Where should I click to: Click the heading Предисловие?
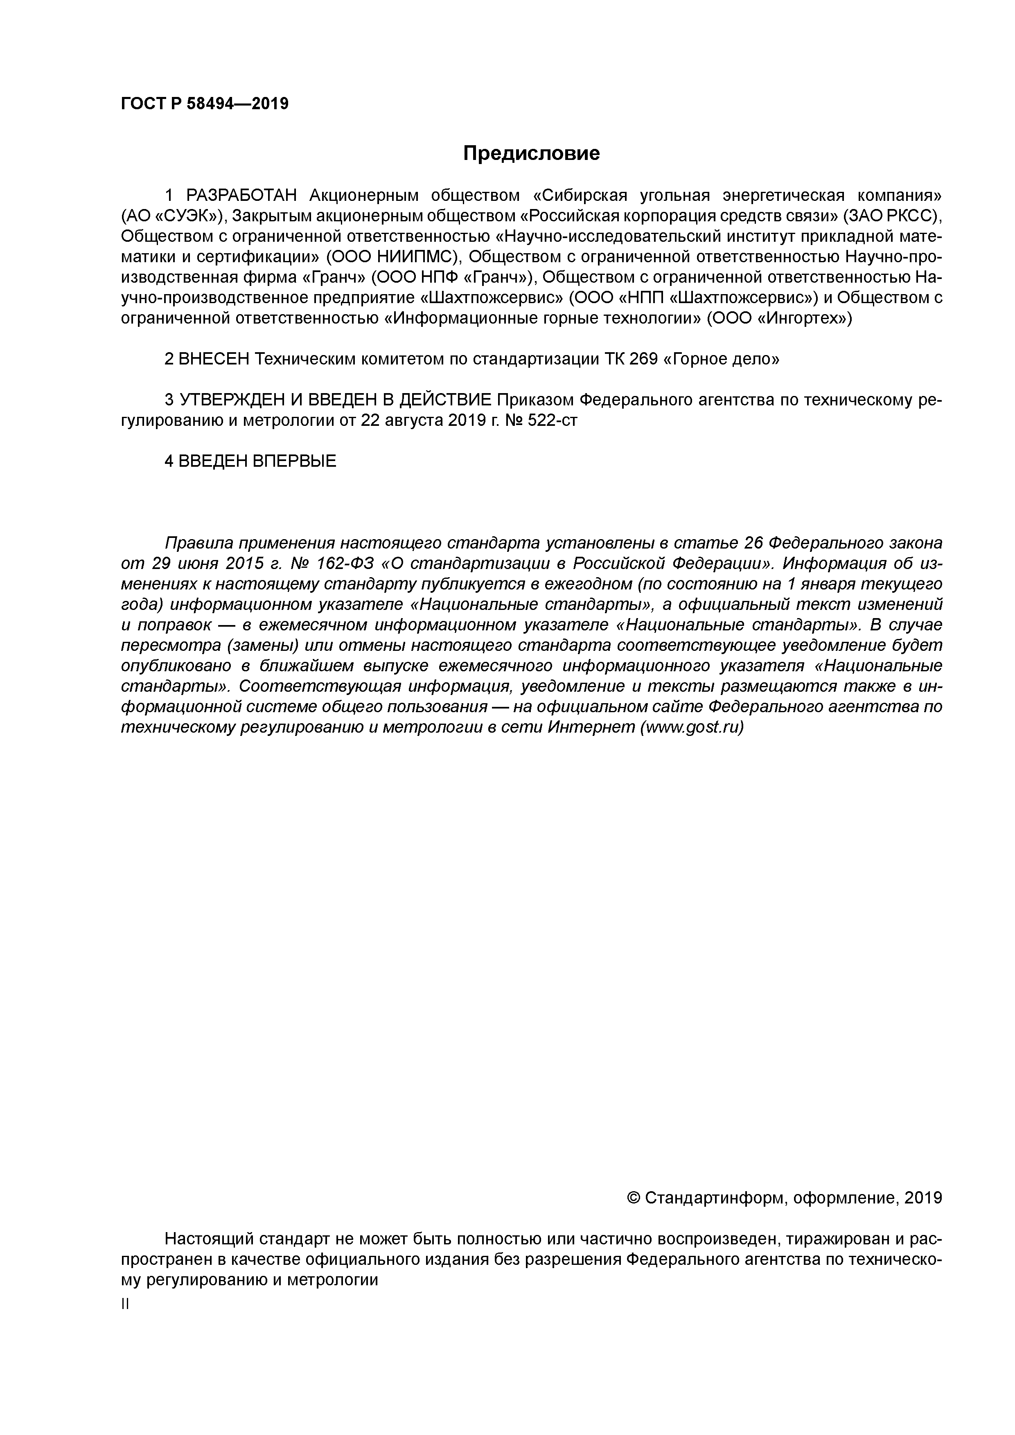tap(531, 153)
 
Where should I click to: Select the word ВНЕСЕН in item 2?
tap(213, 360)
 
